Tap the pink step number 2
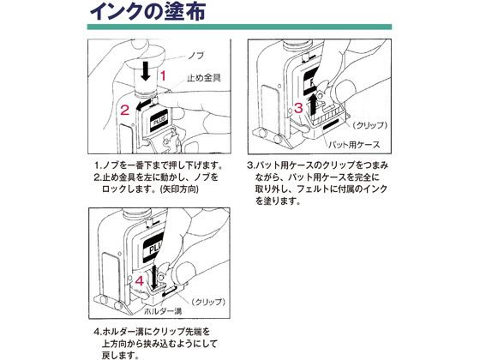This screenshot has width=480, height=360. click(x=124, y=109)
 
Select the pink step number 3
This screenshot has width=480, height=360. click(x=297, y=107)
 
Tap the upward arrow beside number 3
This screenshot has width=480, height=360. click(x=313, y=106)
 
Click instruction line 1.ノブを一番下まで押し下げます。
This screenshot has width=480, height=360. click(x=157, y=165)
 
